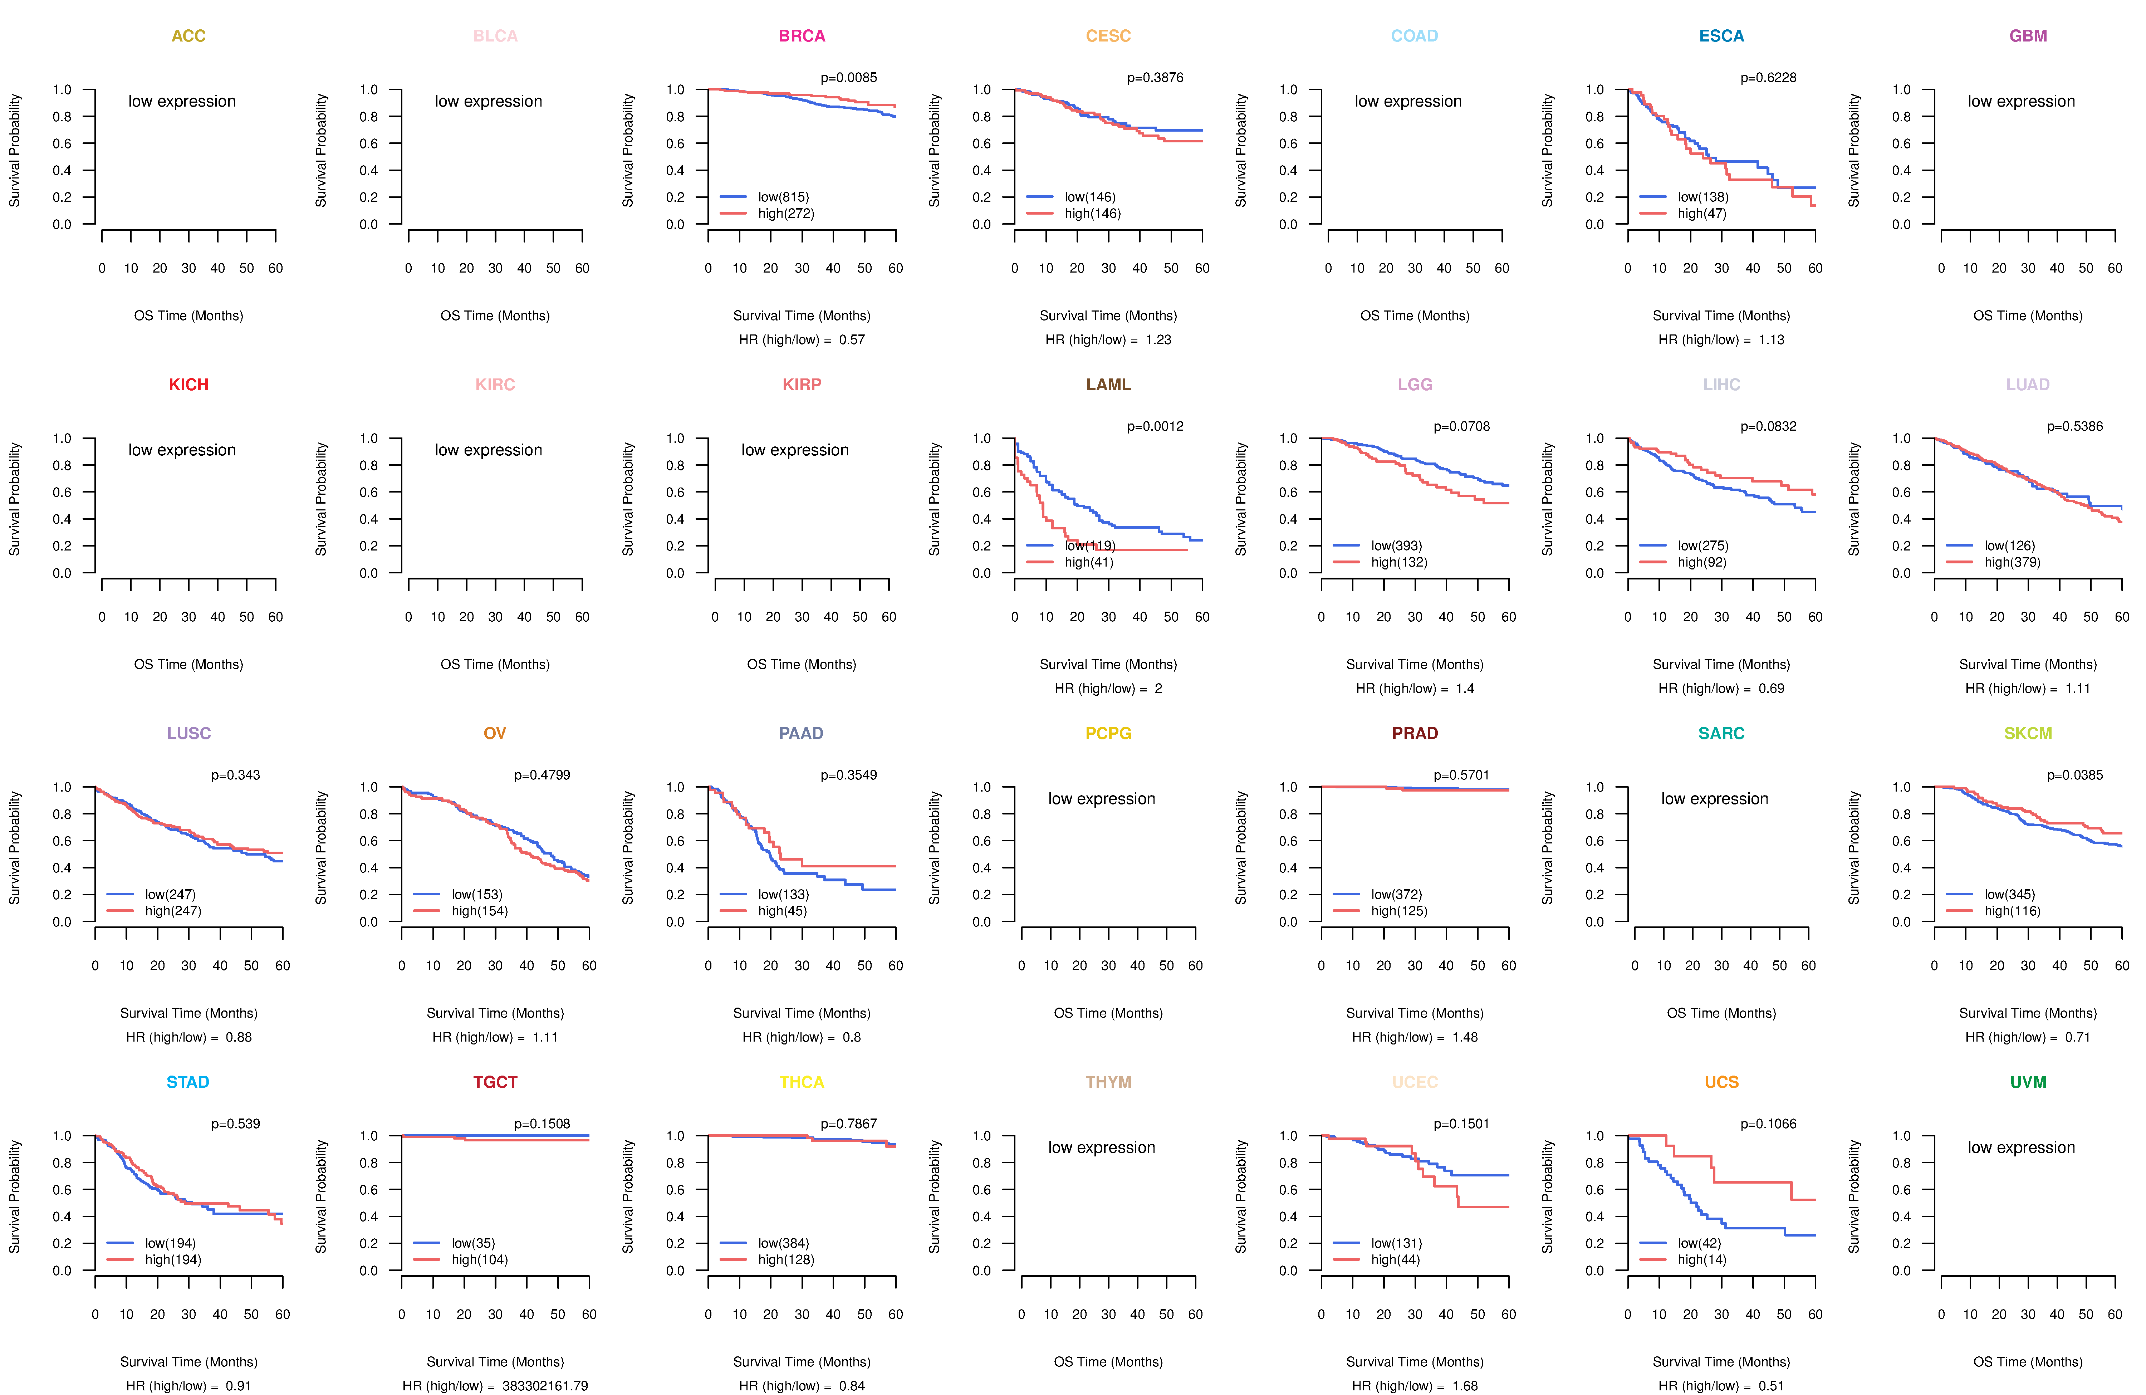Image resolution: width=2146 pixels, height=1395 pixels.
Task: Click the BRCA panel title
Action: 802,36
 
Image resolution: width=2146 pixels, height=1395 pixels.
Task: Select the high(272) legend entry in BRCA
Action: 785,214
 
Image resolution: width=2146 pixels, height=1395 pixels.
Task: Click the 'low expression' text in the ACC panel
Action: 182,101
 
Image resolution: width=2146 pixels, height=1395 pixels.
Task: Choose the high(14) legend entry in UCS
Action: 1701,1260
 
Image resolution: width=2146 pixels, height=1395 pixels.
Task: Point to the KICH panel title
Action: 188,385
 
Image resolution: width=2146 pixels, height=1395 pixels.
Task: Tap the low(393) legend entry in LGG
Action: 1396,545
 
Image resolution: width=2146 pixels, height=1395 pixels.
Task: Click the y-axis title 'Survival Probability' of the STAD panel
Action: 14,1196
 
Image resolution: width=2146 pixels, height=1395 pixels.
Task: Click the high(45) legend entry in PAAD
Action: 782,911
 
